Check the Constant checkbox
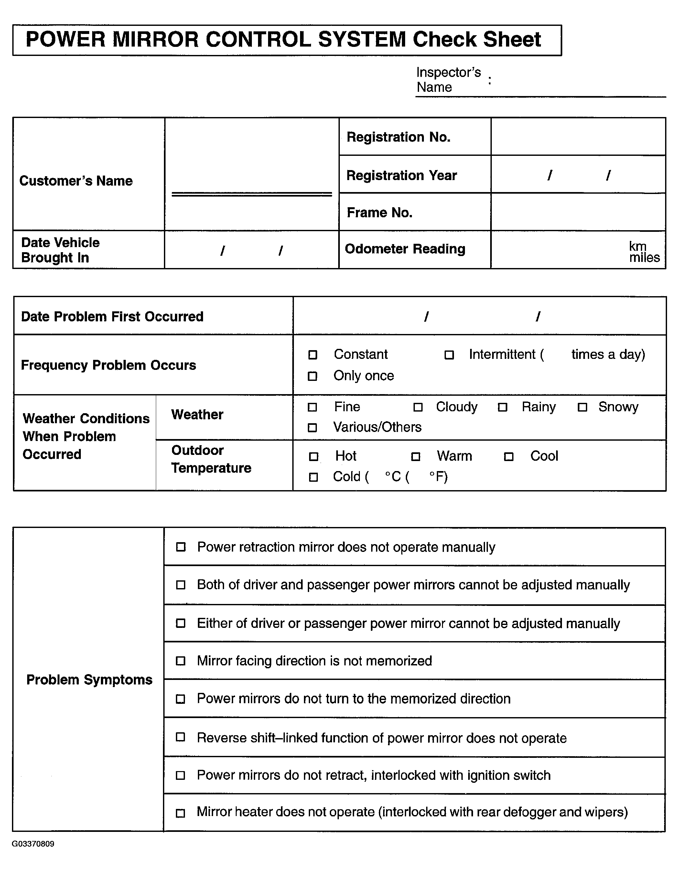(313, 355)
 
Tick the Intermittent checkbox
(449, 355)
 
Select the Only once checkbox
(312, 376)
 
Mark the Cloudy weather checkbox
(418, 407)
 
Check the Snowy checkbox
(582, 407)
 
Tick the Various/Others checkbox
(312, 427)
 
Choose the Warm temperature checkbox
(416, 456)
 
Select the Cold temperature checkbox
(314, 477)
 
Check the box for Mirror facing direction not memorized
(181, 661)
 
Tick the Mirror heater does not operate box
(180, 813)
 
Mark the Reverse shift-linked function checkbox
(180, 737)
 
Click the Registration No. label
(398, 137)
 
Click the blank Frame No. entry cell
(578, 212)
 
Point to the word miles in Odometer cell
(644, 258)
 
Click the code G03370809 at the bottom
(33, 844)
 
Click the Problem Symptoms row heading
(89, 680)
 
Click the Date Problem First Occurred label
(112, 316)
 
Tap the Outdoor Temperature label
(211, 459)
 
